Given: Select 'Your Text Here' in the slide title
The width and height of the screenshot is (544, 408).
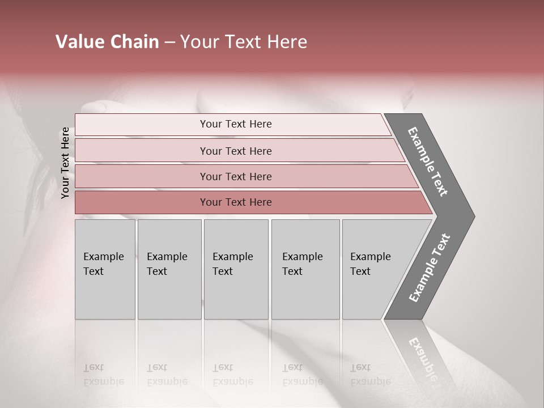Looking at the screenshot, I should (x=244, y=42).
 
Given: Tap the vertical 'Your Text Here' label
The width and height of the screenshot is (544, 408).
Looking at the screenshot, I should (x=65, y=163).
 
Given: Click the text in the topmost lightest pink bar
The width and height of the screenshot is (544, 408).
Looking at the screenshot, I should (x=236, y=124).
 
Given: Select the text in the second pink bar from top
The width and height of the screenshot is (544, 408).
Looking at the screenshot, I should (x=236, y=151).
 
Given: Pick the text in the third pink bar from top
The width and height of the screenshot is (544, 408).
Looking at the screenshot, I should (x=236, y=176).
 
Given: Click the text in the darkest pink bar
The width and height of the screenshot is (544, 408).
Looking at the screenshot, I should (x=236, y=202).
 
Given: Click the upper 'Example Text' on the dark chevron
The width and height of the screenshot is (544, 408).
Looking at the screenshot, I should (x=428, y=161).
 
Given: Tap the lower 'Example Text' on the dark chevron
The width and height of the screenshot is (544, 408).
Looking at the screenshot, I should (x=430, y=268).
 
